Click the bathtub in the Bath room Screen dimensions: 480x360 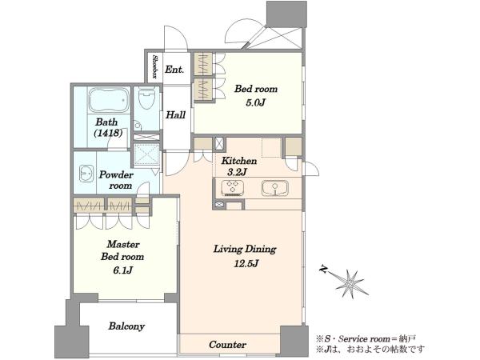pos(109,100)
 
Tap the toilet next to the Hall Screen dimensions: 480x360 pos(146,98)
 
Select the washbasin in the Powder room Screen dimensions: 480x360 pos(86,174)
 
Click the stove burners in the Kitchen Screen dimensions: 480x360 pos(232,187)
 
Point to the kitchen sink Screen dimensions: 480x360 pos(275,188)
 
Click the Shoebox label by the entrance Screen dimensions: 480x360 pos(155,67)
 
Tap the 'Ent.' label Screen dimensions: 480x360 pos(174,70)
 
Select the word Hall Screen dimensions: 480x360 pos(176,114)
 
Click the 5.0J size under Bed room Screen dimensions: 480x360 pos(255,102)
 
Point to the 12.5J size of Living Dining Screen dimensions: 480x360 pos(246,263)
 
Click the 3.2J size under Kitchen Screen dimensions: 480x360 pos(237,172)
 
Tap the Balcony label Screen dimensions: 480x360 pos(126,326)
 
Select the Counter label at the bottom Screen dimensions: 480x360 pos(227,345)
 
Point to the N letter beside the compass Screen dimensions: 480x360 pos(323,269)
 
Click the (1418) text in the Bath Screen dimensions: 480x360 pos(108,133)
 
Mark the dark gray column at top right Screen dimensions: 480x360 pos(286,14)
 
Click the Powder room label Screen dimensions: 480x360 pos(116,180)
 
